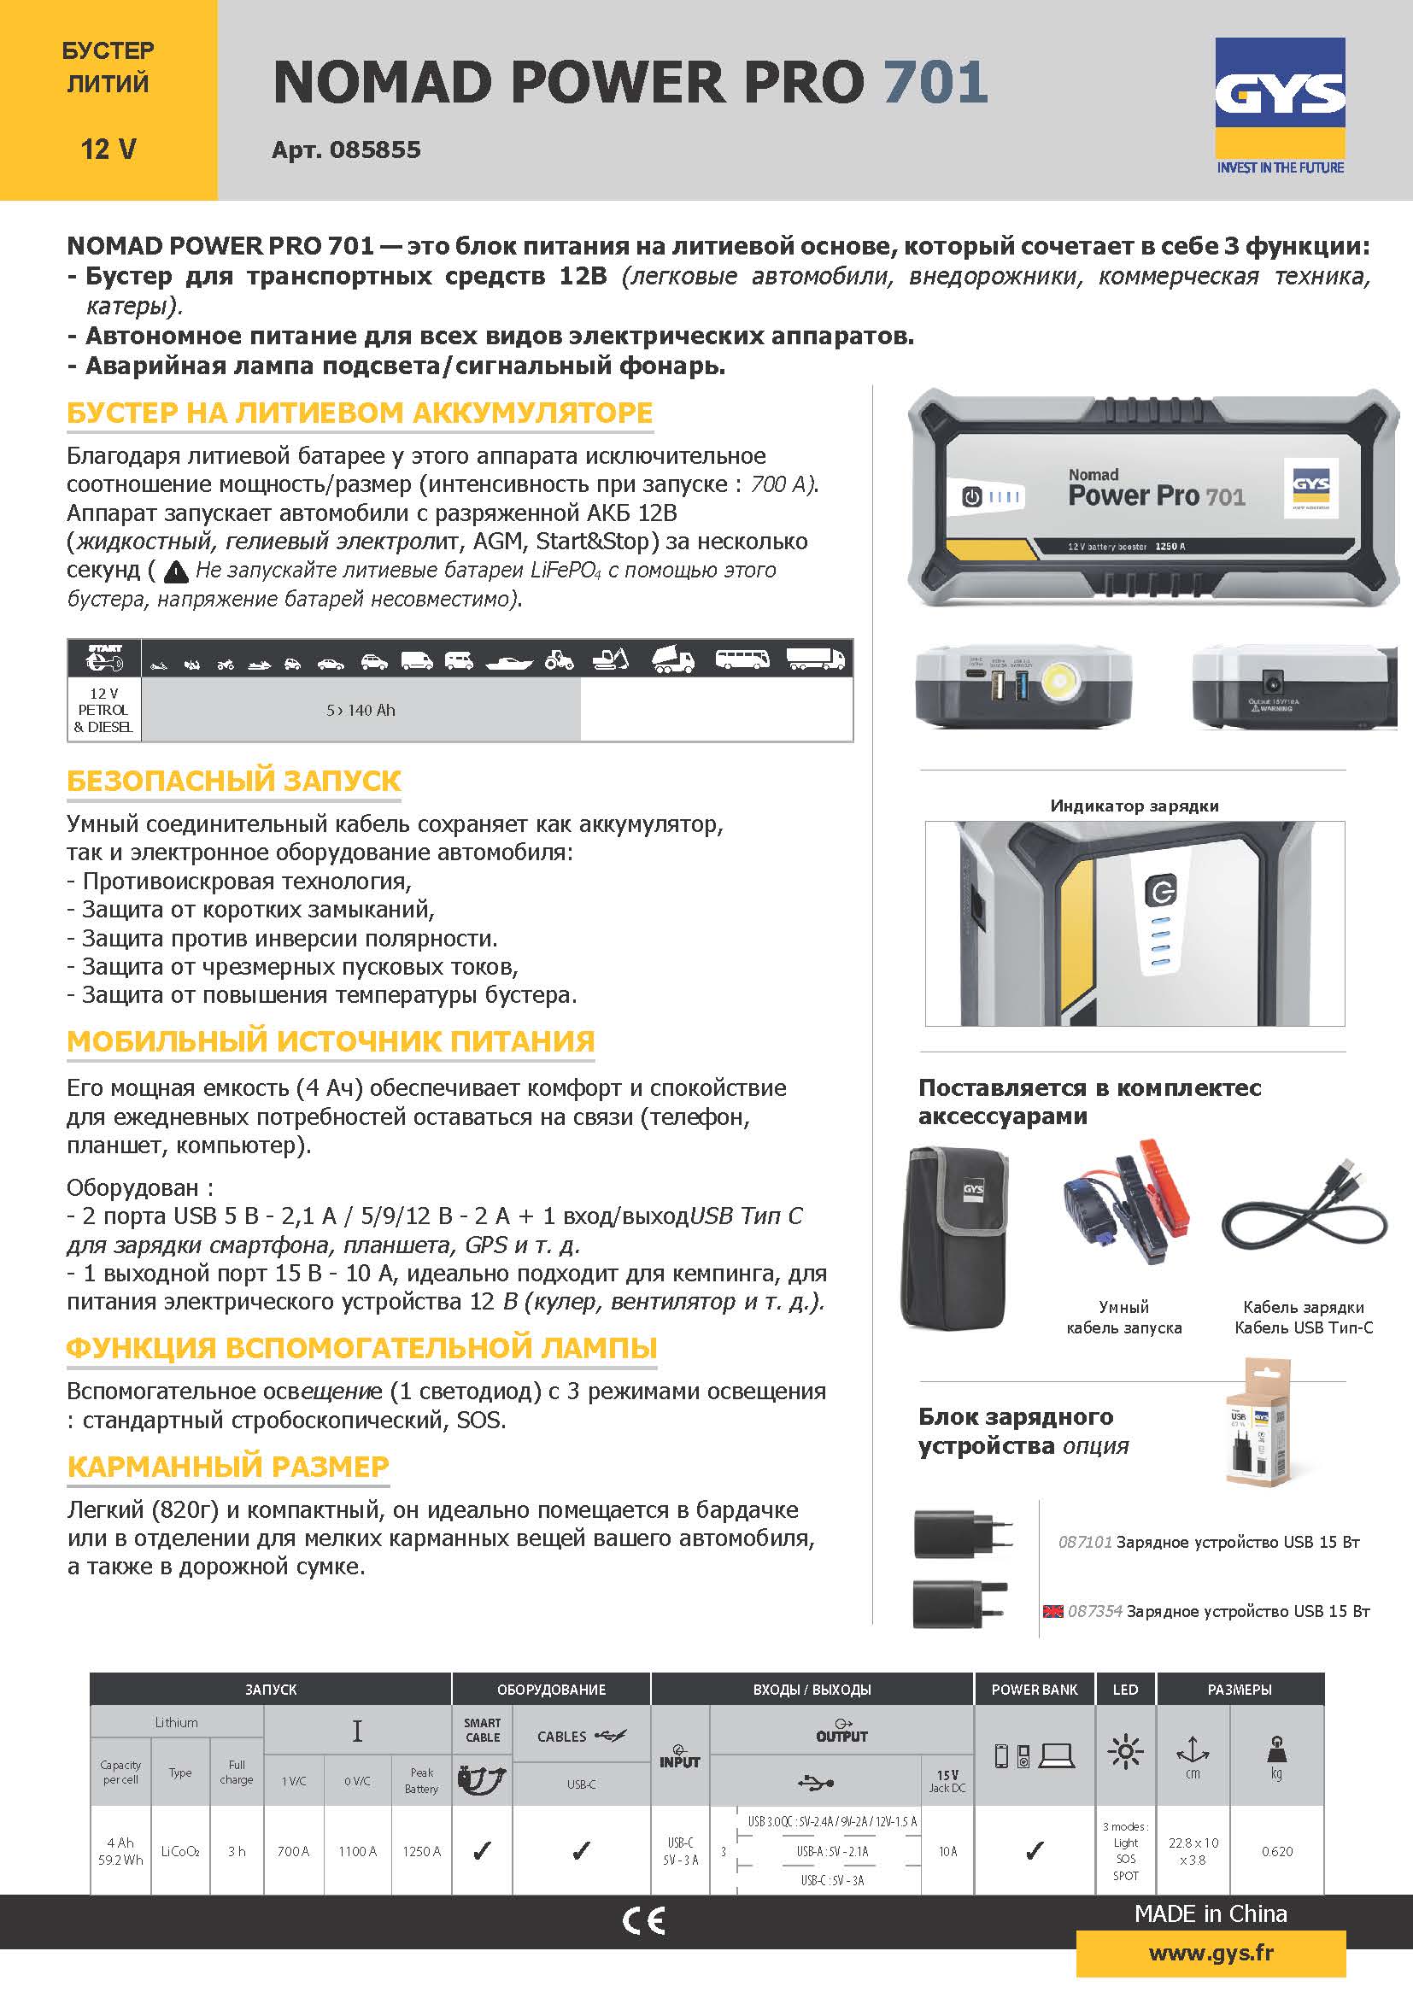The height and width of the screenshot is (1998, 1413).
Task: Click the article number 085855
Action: pos(375,149)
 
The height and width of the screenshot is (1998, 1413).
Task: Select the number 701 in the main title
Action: pos(935,83)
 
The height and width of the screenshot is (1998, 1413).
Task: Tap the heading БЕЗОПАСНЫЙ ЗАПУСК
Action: pos(234,781)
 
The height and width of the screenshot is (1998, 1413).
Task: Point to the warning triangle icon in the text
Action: pos(177,571)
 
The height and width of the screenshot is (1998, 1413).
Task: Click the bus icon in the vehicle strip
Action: pos(742,659)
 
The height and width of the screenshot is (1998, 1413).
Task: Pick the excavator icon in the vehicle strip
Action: pos(611,659)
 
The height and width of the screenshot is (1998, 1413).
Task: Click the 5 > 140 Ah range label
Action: pos(361,710)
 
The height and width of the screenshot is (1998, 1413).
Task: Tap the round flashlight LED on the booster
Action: pos(1064,683)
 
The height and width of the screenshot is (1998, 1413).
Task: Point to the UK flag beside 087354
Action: pos(1052,1611)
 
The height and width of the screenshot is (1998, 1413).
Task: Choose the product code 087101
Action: pos(1084,1542)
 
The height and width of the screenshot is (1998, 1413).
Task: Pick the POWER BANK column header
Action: pos(1034,1689)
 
